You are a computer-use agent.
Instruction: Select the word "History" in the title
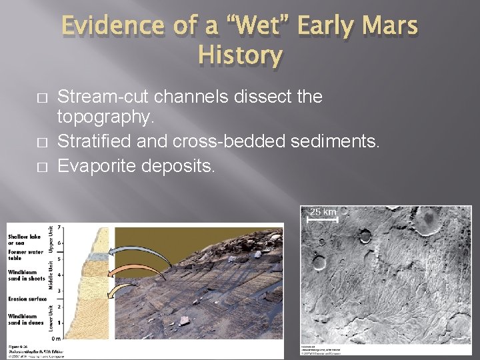[240, 55]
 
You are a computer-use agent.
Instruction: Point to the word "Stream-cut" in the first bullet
[104, 97]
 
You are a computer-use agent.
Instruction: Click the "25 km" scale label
[323, 212]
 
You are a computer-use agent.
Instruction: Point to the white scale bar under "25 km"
[323, 218]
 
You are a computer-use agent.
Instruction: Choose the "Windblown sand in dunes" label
[24, 320]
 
